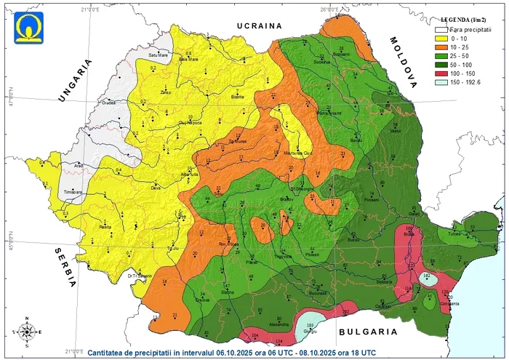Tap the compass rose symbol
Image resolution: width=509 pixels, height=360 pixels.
coord(27,332)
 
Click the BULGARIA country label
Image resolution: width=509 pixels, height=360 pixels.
coord(366,332)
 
